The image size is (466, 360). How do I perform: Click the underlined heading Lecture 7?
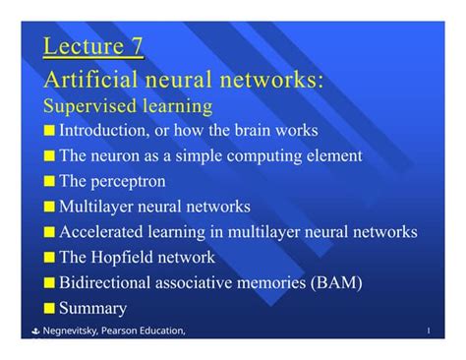point(94,46)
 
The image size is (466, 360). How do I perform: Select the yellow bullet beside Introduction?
point(50,130)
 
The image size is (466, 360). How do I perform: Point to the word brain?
point(250,130)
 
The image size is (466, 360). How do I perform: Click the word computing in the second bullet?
point(259,155)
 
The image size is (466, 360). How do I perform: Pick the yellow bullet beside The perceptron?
point(50,181)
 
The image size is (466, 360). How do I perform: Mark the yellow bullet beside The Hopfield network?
point(50,258)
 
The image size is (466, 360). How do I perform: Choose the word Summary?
point(93,308)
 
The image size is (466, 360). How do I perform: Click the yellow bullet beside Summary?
point(50,308)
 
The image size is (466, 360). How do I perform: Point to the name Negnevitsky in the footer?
point(70,330)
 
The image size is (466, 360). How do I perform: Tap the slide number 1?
point(429,330)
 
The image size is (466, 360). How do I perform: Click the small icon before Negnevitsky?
point(32,330)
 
